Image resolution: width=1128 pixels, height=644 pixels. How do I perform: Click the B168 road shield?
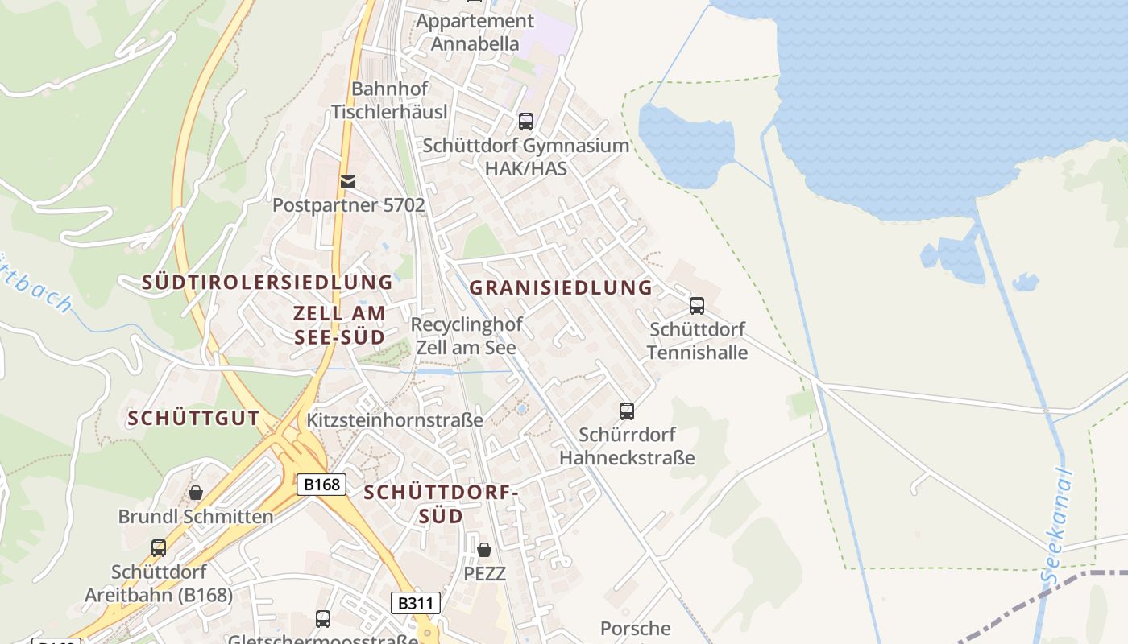pos(322,485)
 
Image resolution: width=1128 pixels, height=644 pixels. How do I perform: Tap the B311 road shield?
pos(416,603)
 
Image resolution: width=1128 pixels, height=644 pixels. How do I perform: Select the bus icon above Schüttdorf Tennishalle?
pos(697,306)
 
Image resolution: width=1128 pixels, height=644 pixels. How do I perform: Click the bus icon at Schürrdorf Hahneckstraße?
pos(627,411)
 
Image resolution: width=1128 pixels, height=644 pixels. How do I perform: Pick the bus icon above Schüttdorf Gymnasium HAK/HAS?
pos(526,122)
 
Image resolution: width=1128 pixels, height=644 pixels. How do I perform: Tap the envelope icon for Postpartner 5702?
pos(348,182)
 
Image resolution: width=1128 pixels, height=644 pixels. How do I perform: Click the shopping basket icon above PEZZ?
pos(484,550)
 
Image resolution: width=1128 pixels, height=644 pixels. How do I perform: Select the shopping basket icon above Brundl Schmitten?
pos(196,493)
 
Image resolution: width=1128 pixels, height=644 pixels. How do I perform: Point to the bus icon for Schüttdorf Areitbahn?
pos(159,548)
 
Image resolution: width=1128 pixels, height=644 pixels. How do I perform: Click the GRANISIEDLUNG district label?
pos(561,287)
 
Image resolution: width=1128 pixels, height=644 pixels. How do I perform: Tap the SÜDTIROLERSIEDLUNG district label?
pos(267,282)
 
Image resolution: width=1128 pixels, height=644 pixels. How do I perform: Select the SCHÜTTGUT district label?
pos(193,418)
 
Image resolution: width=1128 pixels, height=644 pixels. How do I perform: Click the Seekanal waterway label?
pos(1059,527)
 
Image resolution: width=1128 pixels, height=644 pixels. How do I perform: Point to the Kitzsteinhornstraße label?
pos(395,420)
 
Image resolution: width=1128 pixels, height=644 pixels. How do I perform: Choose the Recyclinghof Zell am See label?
pos(467,336)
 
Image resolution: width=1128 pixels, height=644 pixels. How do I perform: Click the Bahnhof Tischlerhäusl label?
pos(389,100)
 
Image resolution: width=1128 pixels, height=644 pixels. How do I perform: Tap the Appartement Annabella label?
pos(475,32)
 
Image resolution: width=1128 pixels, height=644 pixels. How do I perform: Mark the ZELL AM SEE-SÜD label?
pos(339,324)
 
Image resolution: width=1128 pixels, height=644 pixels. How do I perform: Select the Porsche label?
pos(635,628)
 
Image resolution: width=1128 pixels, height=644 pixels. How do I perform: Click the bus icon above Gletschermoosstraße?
pos(323,619)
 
